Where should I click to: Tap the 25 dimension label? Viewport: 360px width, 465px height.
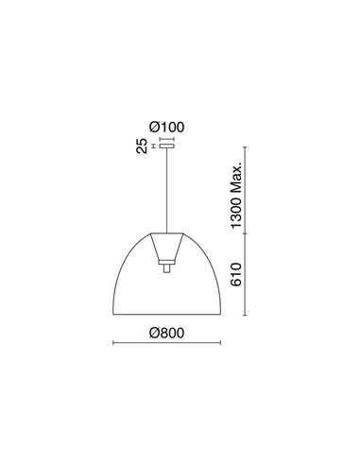pos(141,146)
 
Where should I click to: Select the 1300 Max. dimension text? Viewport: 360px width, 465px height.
pos(239,194)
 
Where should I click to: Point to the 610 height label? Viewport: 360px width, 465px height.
pos(239,276)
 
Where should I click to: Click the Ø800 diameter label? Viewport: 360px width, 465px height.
pos(168,331)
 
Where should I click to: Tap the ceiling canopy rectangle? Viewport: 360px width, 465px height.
pos(167,146)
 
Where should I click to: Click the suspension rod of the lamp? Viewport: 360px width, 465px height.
pos(167,189)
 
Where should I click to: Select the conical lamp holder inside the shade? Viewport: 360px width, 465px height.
pos(167,248)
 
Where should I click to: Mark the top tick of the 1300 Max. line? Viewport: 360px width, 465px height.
pos(247,146)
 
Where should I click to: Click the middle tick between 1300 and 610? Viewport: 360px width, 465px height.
pos(247,232)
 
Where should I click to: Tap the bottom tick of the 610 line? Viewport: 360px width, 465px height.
pos(247,316)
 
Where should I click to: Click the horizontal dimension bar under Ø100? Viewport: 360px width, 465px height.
pos(167,136)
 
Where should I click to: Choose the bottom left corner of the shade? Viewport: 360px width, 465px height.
pos(113,315)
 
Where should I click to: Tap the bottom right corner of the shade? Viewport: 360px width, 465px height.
pos(222,315)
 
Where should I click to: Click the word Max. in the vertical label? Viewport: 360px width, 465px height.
pos(239,175)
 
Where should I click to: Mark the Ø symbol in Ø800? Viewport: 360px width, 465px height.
pos(155,331)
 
